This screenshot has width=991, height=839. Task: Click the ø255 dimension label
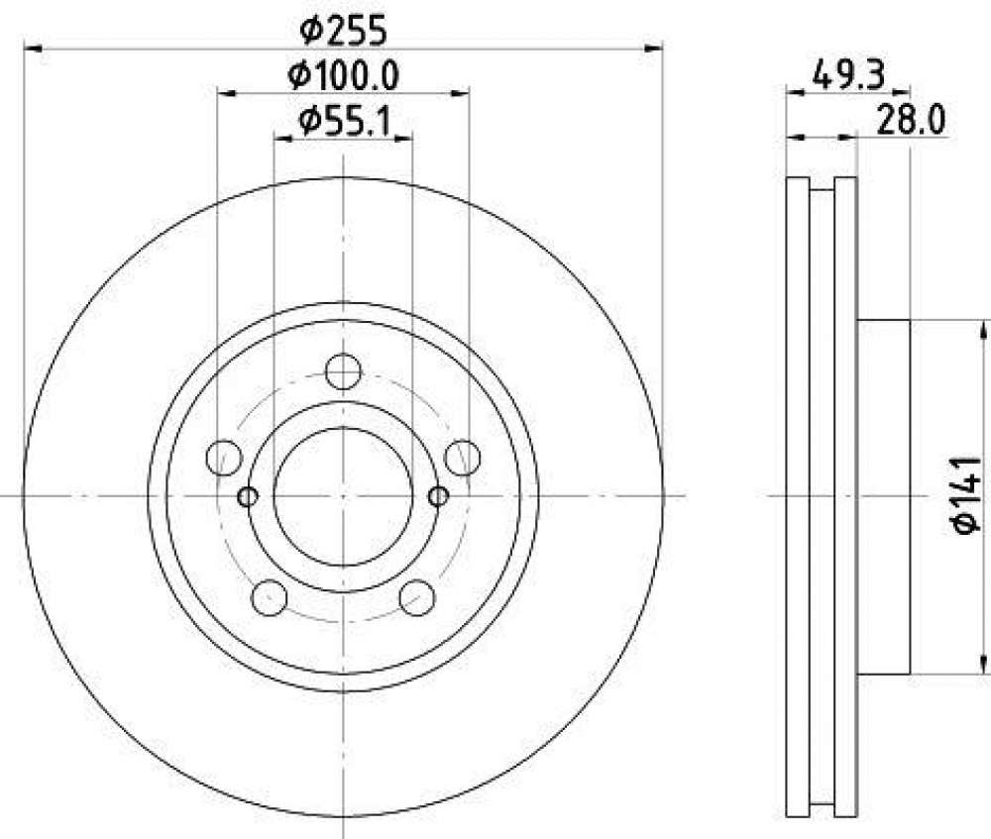(x=343, y=31)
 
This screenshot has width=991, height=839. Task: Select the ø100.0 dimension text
(x=343, y=76)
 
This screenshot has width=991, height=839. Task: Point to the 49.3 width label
(x=848, y=74)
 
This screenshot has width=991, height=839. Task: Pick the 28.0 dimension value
(x=911, y=120)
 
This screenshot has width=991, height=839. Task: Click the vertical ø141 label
(x=966, y=494)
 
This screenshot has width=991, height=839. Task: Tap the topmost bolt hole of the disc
(x=343, y=371)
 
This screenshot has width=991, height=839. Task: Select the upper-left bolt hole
(x=224, y=458)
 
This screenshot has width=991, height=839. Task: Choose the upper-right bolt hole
(x=463, y=458)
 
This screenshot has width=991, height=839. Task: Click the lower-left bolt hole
(x=270, y=597)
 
